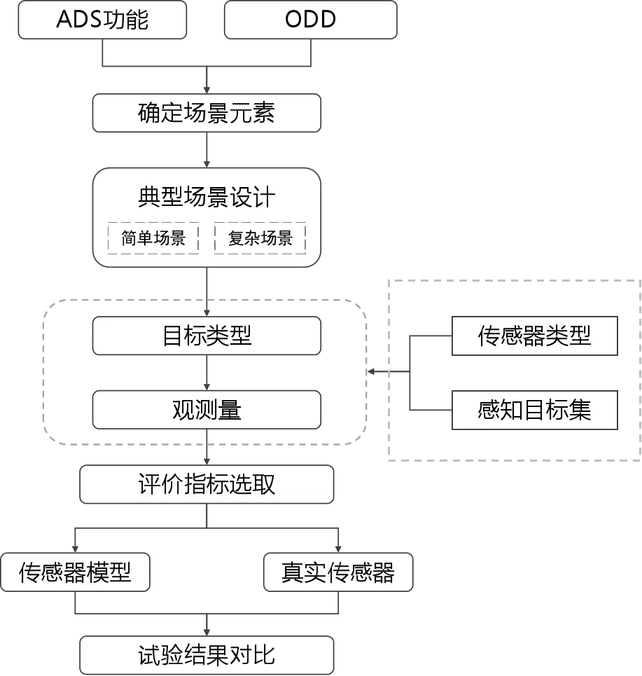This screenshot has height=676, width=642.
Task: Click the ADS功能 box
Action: tap(102, 20)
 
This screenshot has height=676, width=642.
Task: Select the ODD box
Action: tap(311, 20)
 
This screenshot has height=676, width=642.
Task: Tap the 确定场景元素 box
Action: tap(207, 113)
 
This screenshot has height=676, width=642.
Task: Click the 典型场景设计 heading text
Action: tap(207, 197)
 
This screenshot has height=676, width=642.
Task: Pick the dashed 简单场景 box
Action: tap(153, 238)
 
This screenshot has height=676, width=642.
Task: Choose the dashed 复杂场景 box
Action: tap(260, 238)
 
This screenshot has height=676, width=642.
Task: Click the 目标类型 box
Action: tap(207, 336)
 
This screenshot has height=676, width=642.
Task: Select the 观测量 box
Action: tap(207, 410)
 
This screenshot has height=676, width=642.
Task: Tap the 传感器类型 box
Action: tap(535, 336)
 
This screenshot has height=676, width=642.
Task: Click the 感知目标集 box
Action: tap(535, 410)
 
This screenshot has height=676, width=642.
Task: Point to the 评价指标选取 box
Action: tap(207, 484)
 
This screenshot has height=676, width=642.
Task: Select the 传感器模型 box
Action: tap(75, 572)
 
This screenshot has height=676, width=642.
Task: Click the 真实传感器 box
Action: tap(338, 572)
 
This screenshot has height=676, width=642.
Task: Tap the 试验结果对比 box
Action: tap(207, 655)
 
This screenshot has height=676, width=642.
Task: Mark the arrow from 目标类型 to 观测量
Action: tap(207, 373)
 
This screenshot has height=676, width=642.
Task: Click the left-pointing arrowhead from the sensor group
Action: tap(370, 372)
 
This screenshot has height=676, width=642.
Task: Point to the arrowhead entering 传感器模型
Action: tap(75, 549)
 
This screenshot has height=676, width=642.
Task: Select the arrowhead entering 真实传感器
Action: tap(338, 549)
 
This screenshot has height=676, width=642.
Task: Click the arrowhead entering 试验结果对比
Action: tap(207, 633)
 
